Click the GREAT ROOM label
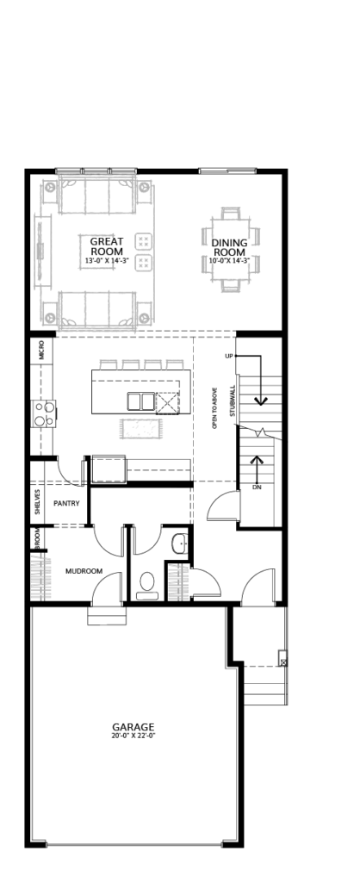coord(107,246)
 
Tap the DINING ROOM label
coord(228,247)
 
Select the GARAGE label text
coord(133,727)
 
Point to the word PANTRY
coord(66,503)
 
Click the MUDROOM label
coord(84,571)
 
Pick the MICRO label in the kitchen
coord(41,352)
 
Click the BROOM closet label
coord(37,538)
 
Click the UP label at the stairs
coord(228,357)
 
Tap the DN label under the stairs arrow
coord(257,488)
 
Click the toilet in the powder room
coord(147,585)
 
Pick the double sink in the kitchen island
coord(140,402)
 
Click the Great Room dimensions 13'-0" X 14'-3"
coord(107,260)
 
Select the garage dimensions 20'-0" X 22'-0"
coord(133,736)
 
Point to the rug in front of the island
coord(140,429)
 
